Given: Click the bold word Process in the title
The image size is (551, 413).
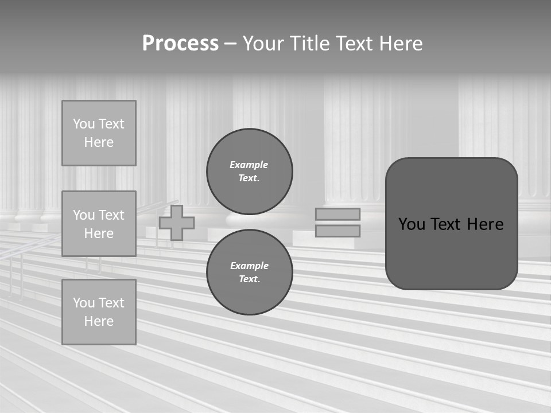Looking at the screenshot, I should point(180,44).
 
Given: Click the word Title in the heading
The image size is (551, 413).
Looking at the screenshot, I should point(309,44).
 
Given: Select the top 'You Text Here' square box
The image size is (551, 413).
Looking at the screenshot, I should point(99,133).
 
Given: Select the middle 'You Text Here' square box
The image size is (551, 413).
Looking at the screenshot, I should point(99,224).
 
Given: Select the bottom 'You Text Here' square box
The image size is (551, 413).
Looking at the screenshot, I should point(99,312).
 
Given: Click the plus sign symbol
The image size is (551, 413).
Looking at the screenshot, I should point(177,223).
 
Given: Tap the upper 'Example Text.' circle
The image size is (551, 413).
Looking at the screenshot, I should point(250,172).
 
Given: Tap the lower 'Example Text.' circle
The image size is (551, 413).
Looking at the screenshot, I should point(250,272).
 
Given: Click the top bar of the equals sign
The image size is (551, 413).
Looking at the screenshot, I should point(338,215).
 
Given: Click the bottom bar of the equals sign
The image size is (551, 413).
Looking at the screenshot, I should point(338,231).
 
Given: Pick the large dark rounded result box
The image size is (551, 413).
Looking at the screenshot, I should point(452,224).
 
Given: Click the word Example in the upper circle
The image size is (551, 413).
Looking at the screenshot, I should point(249,165).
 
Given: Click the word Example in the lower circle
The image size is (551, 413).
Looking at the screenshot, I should point(249,266).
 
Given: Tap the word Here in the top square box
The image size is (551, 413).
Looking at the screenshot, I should point(99,142).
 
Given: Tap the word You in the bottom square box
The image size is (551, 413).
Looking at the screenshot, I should point(83,303).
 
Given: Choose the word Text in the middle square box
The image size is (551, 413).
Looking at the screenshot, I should point(111,215).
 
